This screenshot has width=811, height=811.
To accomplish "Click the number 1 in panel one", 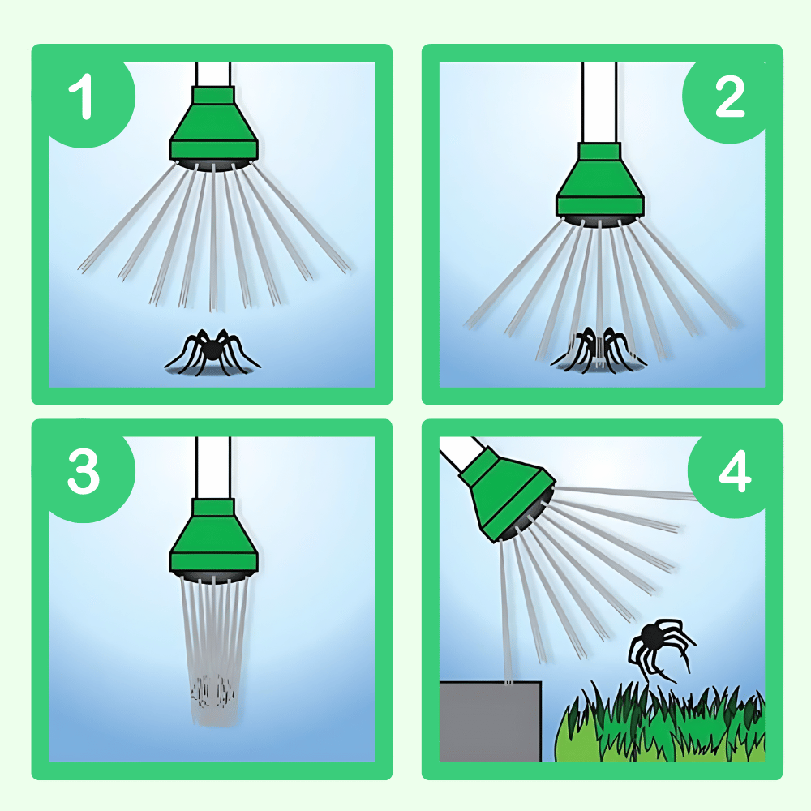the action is click(81, 97).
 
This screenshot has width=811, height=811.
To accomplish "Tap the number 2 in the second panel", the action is click(730, 97).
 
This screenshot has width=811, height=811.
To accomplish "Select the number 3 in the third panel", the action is click(84, 471).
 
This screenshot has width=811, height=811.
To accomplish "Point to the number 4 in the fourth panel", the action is click(735, 470).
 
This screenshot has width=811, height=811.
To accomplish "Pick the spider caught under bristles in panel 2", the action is click(599, 349).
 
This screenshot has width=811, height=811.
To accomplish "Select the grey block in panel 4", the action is click(490, 721).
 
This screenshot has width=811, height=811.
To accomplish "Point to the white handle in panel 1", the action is click(213, 74).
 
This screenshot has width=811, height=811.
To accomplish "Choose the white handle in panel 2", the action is click(599, 102).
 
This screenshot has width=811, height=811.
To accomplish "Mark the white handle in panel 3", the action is click(213, 468).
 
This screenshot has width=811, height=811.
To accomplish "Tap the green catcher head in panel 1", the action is click(213, 124).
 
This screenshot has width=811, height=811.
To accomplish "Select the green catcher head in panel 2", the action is click(600, 180).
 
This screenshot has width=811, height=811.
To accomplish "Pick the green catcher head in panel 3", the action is click(213, 536).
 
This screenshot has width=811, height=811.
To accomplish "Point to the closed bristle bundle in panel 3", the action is click(213, 649).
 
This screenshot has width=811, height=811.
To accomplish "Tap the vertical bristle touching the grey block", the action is click(505, 611).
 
